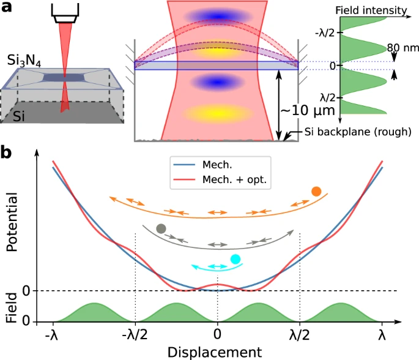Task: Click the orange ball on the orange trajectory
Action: pos(316,192)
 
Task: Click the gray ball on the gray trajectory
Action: pos(161,229)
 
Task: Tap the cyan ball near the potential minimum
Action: pos(235,259)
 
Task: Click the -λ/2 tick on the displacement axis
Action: pos(135,336)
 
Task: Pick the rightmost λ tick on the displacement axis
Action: pos(382,336)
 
